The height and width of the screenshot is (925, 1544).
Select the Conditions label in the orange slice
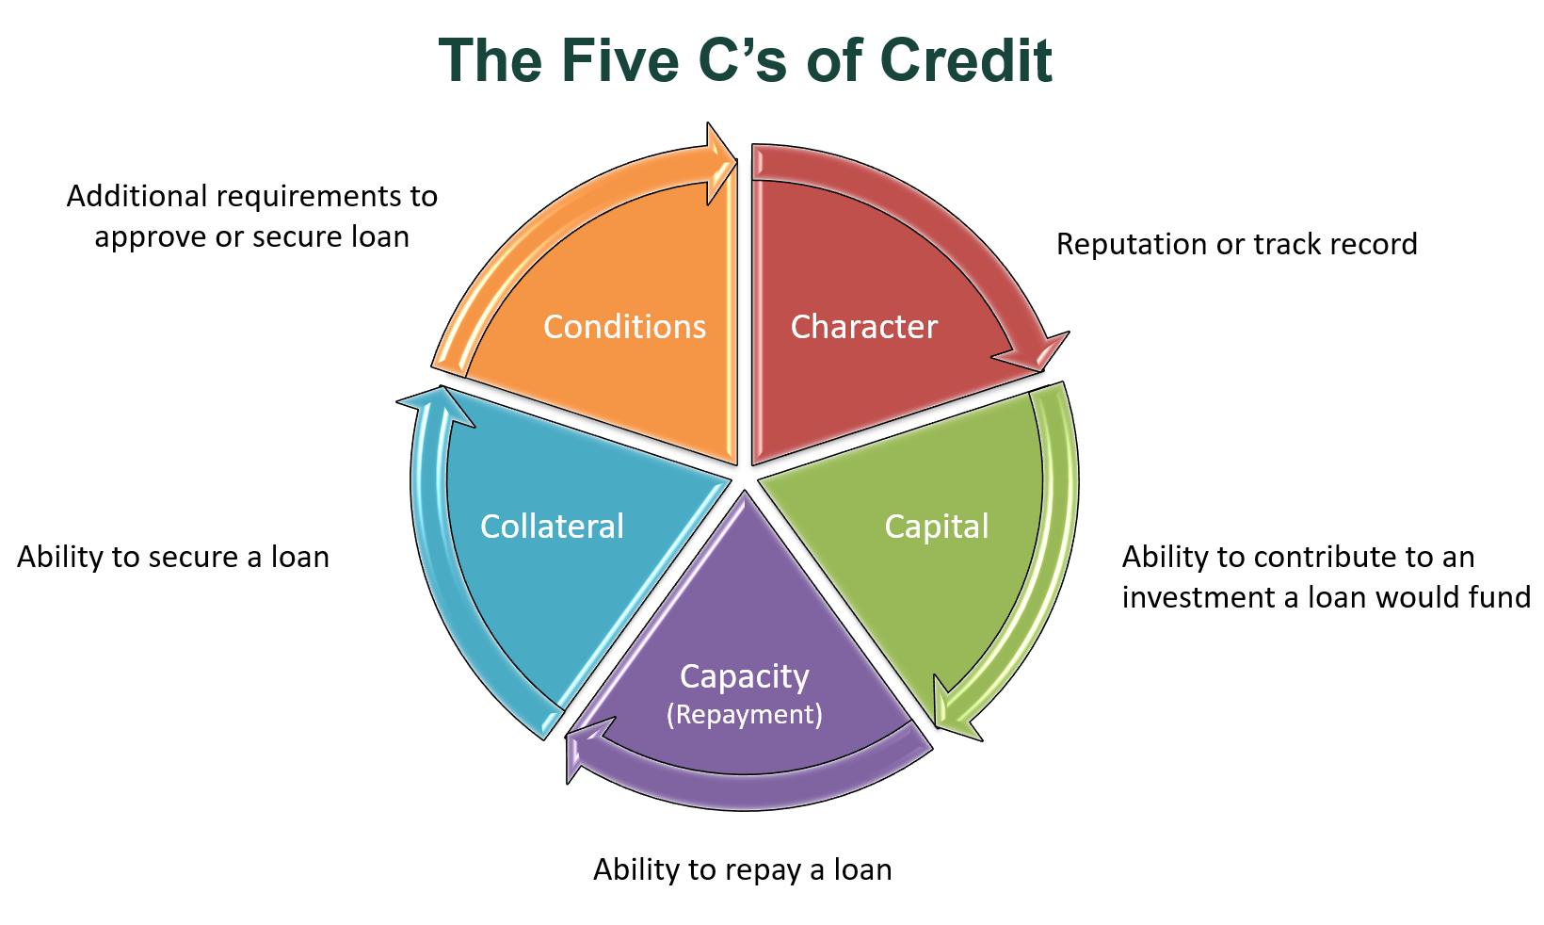624,327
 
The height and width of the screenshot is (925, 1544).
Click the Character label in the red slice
863,327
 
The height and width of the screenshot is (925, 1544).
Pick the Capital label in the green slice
937,526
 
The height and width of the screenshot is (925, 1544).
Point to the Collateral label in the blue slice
552,526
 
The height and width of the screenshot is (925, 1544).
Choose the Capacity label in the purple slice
744,676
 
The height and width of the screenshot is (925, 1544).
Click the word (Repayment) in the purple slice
744,715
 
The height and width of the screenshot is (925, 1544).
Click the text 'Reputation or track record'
1236,244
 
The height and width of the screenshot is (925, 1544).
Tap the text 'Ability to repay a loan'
742,869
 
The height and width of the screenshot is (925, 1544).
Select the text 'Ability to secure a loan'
173,557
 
